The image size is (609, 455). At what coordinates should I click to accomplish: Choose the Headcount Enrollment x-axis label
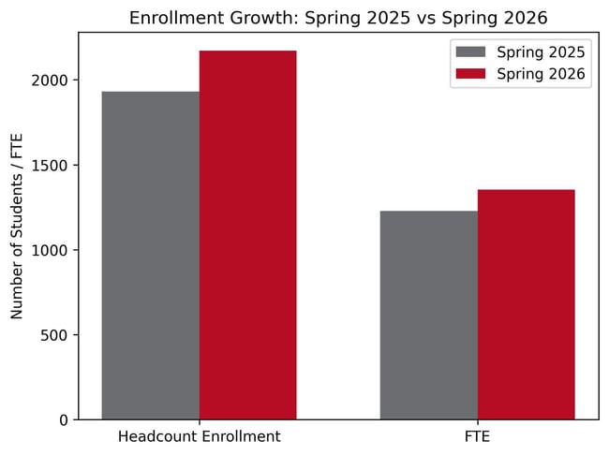[x=199, y=437]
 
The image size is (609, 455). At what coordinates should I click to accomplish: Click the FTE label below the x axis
[x=477, y=437]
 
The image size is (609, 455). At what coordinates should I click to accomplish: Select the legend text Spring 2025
[x=542, y=51]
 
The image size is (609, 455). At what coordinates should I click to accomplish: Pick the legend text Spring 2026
[x=542, y=74]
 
